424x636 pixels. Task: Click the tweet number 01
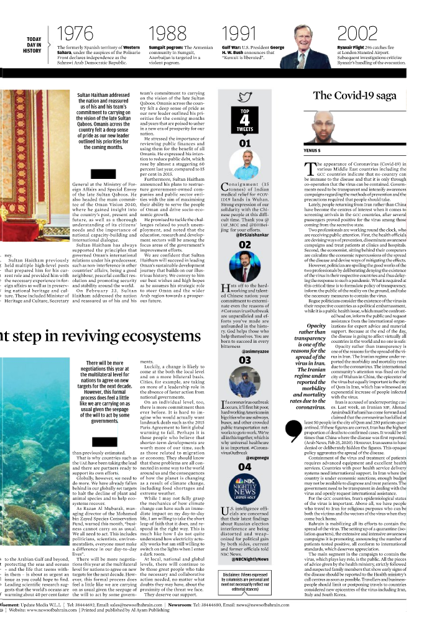[x=245, y=143]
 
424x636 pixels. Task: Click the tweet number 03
[x=245, y=360]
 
